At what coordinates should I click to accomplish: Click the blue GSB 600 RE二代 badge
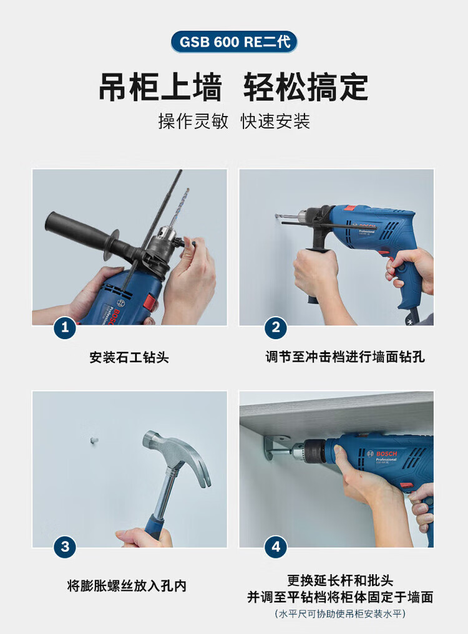[x=234, y=42]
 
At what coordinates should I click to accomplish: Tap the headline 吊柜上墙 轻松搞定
[x=233, y=87]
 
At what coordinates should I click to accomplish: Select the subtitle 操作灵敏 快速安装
[x=234, y=122]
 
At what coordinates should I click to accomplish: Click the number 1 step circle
[x=65, y=327]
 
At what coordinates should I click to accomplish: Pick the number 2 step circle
[x=276, y=327]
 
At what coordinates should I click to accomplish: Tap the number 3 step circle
[x=65, y=547]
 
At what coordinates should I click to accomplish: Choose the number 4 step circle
[x=276, y=547]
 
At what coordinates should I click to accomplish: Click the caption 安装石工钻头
[x=129, y=357]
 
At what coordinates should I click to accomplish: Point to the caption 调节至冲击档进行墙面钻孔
[x=345, y=357]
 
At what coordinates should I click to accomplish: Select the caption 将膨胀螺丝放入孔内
[x=127, y=585]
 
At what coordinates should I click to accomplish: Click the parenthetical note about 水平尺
[x=340, y=614]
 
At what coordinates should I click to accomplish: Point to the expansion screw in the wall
[x=94, y=439]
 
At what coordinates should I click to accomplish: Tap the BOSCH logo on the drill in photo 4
[x=386, y=454]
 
